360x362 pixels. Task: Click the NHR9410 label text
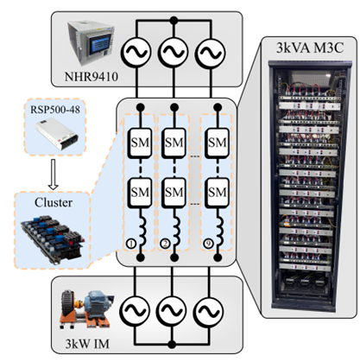(x=92, y=77)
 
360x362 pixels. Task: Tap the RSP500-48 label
(x=55, y=110)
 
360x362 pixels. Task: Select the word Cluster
(x=54, y=203)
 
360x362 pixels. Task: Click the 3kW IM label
(x=87, y=344)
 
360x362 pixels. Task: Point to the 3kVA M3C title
(x=310, y=48)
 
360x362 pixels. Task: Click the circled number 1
(x=130, y=244)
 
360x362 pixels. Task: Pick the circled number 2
(x=165, y=244)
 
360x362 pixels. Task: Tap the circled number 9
(x=208, y=244)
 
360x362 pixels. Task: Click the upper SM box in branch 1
(x=140, y=143)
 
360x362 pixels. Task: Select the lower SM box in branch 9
(x=217, y=193)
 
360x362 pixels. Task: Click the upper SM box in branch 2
(x=174, y=143)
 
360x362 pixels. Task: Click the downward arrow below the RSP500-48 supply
(x=54, y=175)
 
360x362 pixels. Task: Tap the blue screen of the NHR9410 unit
(x=99, y=44)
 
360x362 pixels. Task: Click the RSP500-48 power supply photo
(x=57, y=133)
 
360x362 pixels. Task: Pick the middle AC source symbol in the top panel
(x=174, y=53)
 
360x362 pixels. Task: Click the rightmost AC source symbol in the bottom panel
(x=208, y=311)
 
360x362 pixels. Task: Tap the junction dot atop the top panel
(x=174, y=21)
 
